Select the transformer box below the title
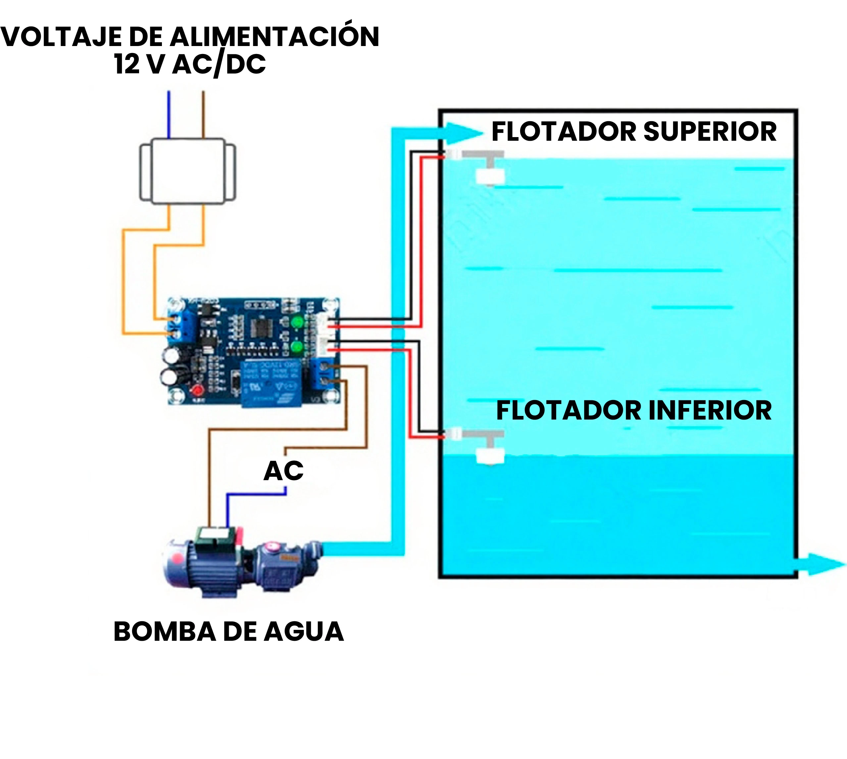point(187,171)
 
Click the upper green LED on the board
point(297,322)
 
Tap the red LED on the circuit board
point(196,391)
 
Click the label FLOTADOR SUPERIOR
point(633,132)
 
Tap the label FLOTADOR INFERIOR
point(633,410)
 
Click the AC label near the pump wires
point(283,471)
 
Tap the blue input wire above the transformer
point(169,115)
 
